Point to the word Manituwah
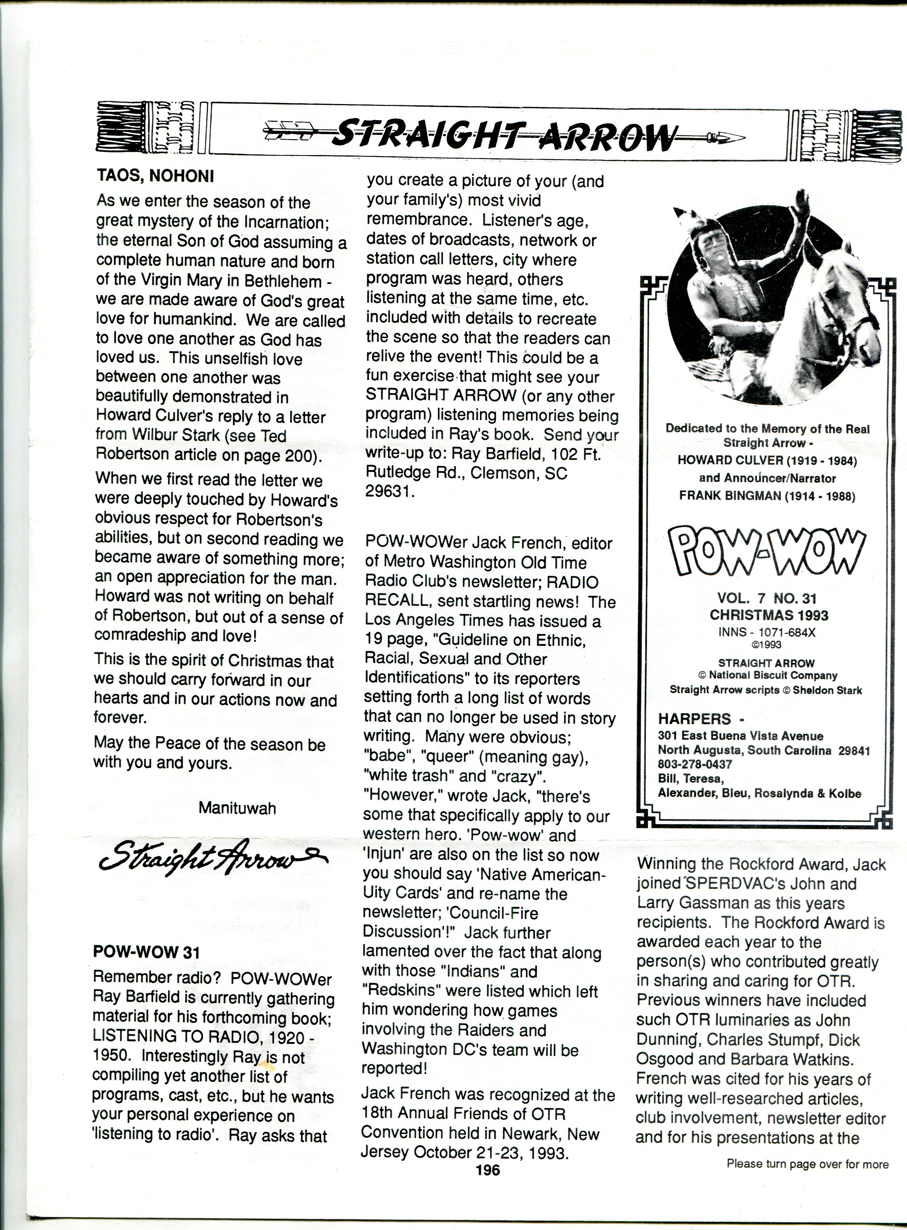tap(237, 807)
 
